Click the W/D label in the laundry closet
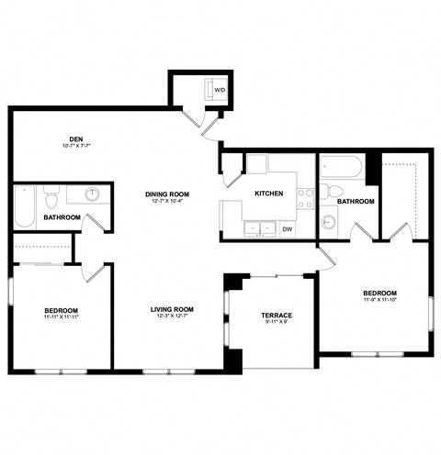tap(220, 91)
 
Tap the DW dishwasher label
tap(288, 229)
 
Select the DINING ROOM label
tap(166, 194)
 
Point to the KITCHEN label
tap(268, 194)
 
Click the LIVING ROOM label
tap(172, 309)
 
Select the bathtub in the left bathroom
tap(26, 206)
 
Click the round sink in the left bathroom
tap(93, 194)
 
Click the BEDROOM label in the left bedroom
tap(61, 310)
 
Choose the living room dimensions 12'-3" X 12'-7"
tap(172, 317)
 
